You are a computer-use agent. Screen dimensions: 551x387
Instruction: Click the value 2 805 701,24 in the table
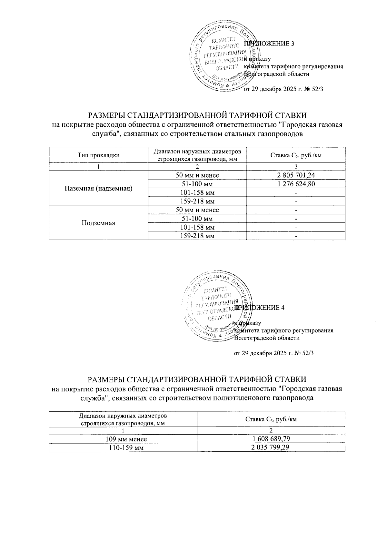pos(296,175)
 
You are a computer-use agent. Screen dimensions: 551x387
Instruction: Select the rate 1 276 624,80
pos(296,184)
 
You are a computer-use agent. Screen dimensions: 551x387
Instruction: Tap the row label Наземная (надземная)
pos(98,188)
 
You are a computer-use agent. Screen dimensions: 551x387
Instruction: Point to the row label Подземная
pos(98,223)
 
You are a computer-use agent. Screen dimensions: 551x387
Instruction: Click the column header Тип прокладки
pos(98,155)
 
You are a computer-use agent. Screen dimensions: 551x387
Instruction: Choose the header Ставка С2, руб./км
pos(296,155)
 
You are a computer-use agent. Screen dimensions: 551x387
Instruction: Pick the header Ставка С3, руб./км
pos(271,419)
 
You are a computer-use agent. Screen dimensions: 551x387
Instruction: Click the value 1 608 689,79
pos(271,439)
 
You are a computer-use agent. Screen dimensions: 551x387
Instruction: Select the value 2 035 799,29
pos(271,448)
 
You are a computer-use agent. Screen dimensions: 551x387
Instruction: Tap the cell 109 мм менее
pos(123,439)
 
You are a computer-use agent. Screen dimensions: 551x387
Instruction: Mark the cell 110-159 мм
pos(123,448)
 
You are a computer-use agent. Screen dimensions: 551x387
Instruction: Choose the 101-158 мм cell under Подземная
pos(197,227)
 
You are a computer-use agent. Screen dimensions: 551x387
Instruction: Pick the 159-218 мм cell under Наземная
pos(197,202)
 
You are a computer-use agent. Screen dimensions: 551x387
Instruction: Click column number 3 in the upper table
pos(296,167)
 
